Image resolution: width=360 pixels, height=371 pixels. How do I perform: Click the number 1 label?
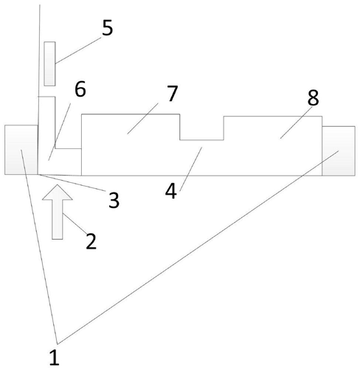55,358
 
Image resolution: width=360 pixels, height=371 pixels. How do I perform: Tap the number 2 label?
91,241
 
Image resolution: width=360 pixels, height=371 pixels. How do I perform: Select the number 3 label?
114,200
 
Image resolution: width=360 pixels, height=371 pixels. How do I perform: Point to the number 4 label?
171,191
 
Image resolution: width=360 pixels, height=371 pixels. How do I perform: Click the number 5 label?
108,27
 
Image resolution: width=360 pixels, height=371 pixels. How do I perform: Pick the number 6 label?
80,89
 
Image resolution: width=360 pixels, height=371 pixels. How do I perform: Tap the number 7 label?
173,94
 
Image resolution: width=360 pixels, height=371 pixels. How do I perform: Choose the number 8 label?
313,97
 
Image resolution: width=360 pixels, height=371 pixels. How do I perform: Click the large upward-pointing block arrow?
58,212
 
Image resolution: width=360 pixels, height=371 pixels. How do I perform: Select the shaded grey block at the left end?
21,150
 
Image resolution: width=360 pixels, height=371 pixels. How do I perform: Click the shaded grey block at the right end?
339,151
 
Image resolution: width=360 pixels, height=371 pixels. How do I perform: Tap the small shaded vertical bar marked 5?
49,63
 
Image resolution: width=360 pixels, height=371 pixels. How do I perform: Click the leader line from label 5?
79,50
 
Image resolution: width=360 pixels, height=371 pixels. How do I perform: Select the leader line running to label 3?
72,182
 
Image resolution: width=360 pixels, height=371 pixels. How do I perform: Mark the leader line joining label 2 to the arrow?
75,223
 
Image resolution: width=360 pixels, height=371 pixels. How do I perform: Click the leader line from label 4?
191,169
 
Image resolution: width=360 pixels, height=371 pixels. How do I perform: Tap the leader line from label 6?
60,132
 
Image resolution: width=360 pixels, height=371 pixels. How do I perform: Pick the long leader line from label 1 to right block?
198,247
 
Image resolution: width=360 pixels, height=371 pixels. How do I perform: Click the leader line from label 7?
142,119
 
